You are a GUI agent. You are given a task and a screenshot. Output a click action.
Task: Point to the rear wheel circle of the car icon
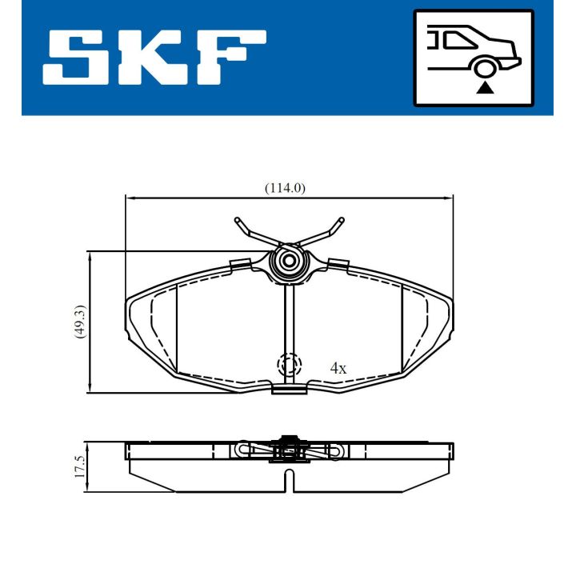pos(484,67)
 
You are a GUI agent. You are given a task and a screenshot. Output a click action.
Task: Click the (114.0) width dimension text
pos(286,188)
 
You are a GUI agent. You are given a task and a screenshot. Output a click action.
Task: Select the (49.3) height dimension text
pos(78,322)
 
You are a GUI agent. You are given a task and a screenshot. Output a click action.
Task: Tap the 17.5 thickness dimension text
pos(78,466)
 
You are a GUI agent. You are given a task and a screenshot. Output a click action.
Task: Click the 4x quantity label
pos(338,368)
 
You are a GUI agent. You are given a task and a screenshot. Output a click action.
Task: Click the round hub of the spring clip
pos(288,261)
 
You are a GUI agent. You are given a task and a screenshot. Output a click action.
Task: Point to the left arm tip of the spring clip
pos(238,219)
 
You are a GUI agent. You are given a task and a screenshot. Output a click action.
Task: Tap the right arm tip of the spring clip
pos(342,219)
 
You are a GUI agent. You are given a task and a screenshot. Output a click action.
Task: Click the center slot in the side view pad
pos(290,480)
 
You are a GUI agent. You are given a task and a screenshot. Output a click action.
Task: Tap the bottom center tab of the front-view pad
pos(289,389)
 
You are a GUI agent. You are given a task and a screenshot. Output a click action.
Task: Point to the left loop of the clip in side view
pos(241,452)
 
